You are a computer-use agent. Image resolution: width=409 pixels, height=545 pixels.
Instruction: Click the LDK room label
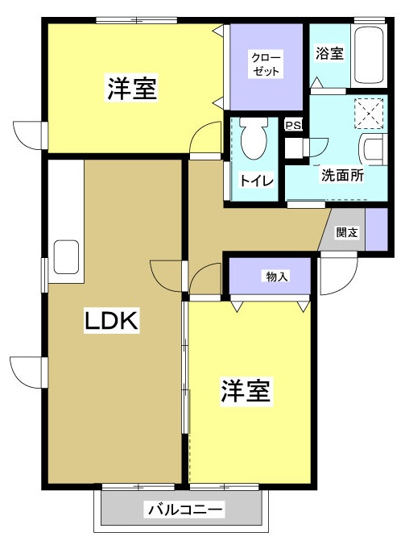tap(111, 320)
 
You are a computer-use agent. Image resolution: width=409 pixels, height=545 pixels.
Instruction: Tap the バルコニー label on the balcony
tap(185, 510)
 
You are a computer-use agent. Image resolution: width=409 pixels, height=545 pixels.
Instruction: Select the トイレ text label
tap(256, 180)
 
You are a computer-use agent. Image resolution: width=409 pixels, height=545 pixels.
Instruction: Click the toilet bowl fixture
tap(254, 138)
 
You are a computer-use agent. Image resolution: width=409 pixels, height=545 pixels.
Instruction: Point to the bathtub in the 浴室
tap(369, 54)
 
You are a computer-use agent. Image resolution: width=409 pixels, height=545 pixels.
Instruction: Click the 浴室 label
tap(329, 53)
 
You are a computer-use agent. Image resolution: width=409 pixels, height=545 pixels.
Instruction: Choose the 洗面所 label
tap(342, 174)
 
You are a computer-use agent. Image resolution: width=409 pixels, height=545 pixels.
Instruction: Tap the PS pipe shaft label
tap(293, 125)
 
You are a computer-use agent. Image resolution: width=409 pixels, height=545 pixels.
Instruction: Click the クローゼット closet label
tap(265, 63)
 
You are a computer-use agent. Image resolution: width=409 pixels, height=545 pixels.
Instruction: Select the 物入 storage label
tap(277, 277)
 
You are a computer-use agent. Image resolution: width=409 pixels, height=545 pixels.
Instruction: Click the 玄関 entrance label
tap(347, 232)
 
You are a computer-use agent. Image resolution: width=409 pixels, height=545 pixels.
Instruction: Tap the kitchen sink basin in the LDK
tap(66, 257)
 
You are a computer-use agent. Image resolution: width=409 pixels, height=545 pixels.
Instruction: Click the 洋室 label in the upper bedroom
tap(132, 87)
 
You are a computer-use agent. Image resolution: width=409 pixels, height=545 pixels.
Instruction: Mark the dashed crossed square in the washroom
tap(369, 114)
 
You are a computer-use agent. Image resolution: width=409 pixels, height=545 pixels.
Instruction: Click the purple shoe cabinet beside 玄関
tap(376, 229)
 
